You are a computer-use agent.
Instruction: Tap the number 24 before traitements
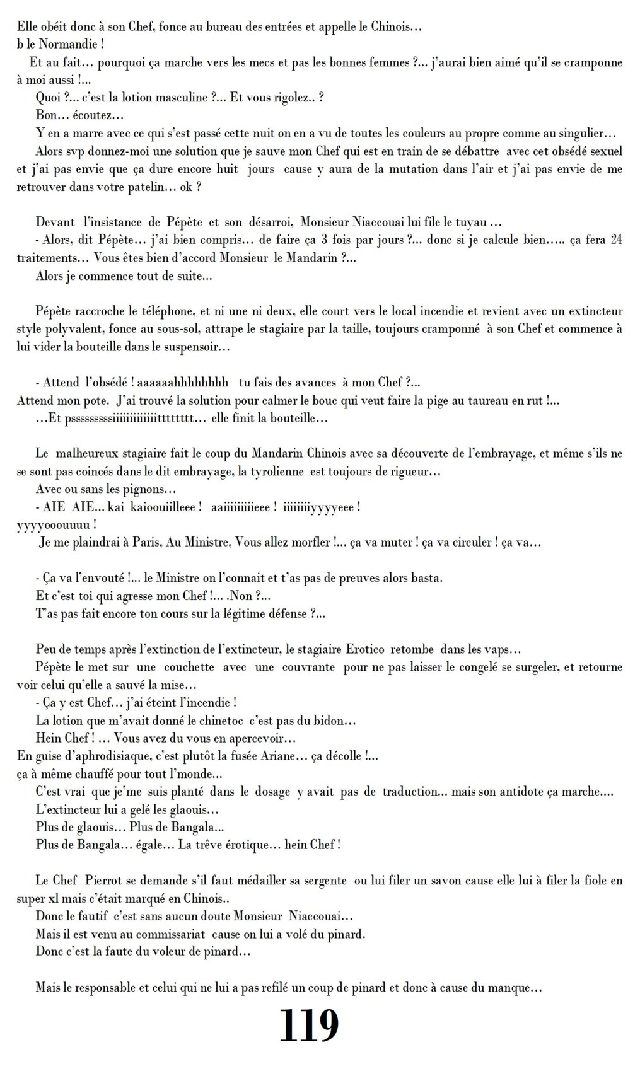[616, 240]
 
